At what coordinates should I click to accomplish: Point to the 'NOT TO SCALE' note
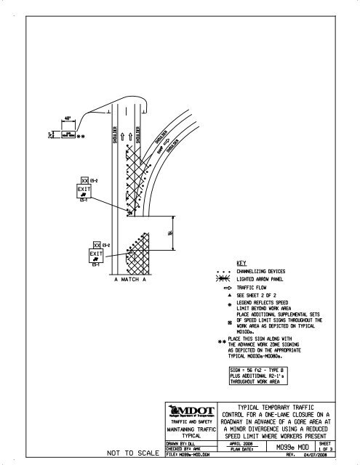[132, 454]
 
